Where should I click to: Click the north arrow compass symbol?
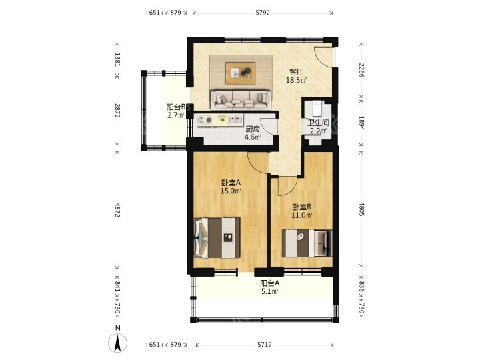pos(117,343)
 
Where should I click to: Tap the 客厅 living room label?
pos(296,72)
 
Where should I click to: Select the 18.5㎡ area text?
pos(296,81)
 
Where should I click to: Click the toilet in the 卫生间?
pos(317,108)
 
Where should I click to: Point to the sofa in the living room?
pos(241,99)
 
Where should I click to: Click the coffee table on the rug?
pos(240,73)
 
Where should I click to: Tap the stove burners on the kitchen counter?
pos(205,120)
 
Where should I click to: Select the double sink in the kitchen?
pos(235,119)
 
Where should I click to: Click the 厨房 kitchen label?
pos(253,129)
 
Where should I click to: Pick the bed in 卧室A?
pos(217,237)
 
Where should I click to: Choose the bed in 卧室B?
pos(307,243)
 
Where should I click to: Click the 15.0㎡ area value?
pos(231,191)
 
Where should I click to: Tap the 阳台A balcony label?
pos(270,283)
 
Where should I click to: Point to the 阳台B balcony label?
pos(176,107)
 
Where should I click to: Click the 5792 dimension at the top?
pos(263,13)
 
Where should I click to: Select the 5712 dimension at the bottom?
pos(264,345)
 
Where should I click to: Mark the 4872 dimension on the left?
pos(117,209)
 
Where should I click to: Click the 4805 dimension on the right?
pos(361,209)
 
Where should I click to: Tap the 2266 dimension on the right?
pos(361,70)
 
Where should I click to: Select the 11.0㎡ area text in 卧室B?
pos(301,215)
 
